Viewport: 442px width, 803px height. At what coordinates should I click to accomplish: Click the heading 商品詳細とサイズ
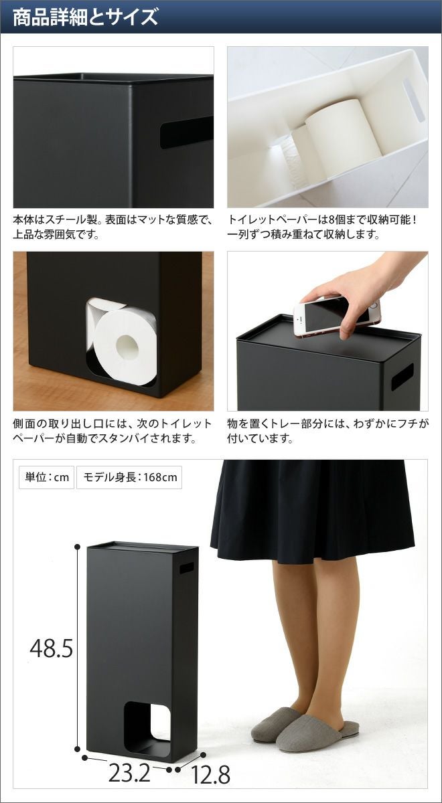[x=85, y=17]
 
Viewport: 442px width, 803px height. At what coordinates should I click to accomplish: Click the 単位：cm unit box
[x=47, y=477]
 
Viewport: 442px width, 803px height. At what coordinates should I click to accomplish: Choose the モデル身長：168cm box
[x=129, y=477]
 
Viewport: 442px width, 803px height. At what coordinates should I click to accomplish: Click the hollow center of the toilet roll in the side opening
[x=127, y=347]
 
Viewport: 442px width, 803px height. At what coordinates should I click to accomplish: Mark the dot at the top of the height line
[x=77, y=546]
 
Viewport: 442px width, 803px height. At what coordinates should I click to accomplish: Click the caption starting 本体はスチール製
[x=113, y=228]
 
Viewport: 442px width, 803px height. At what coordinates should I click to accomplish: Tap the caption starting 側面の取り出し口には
[x=113, y=431]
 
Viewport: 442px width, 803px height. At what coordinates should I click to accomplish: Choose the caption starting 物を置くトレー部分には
[x=328, y=431]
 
